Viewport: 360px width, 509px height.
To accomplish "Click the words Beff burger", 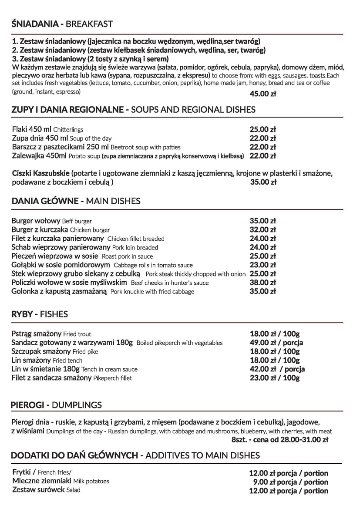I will pyautogui.click(x=77, y=221).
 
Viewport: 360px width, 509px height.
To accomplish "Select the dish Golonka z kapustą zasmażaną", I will pyautogui.click(x=59, y=291).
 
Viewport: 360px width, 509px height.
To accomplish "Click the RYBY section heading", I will pyautogui.click(x=22, y=314).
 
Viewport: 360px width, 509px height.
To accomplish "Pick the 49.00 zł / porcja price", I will pyautogui.click(x=276, y=343).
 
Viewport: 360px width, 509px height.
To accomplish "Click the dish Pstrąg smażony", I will pyautogui.click(x=36, y=334).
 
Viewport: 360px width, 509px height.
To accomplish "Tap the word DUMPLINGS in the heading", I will pyautogui.click(x=77, y=405).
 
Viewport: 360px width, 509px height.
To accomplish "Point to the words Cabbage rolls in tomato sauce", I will pyautogui.click(x=153, y=265).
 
